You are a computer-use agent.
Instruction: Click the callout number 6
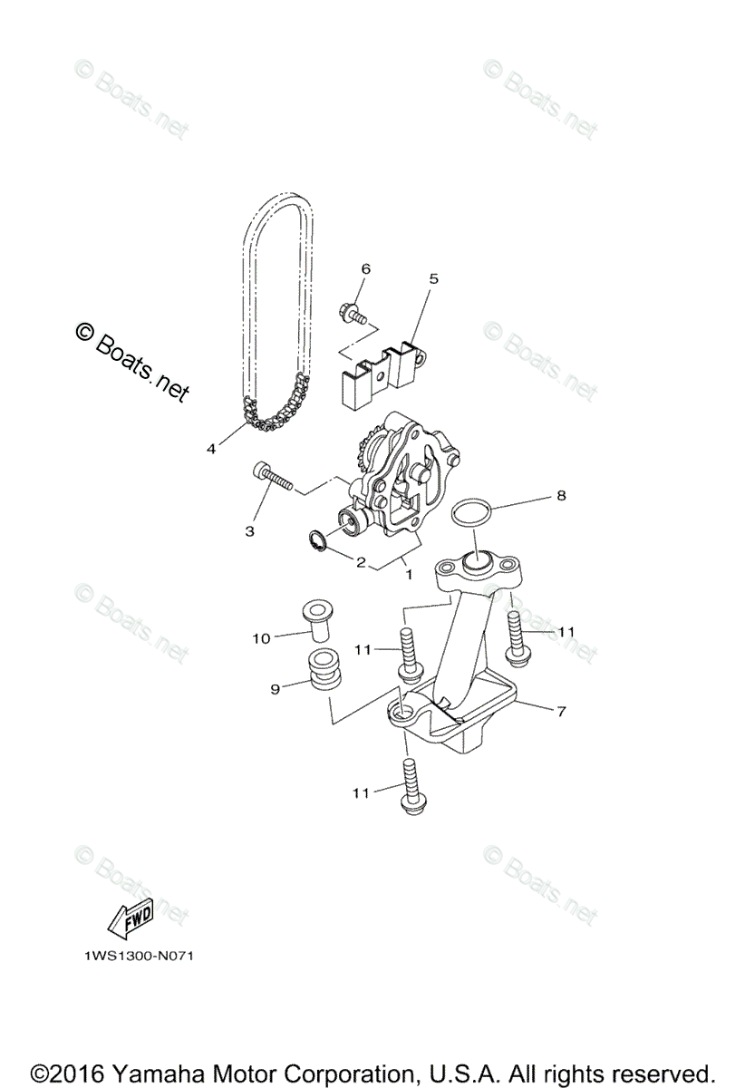[x=366, y=268]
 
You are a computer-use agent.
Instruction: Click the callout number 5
[x=433, y=278]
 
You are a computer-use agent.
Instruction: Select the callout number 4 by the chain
[x=211, y=449]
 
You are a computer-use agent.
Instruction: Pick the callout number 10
[x=261, y=638]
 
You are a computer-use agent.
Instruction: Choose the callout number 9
[x=274, y=688]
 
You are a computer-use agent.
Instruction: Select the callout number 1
[x=409, y=575]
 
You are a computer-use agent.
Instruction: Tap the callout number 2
[x=361, y=563]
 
